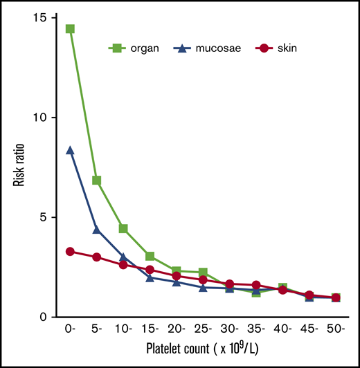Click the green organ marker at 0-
click(x=70, y=29)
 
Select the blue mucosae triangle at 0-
click(x=70, y=150)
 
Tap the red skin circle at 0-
click(x=70, y=252)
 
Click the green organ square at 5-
click(x=97, y=181)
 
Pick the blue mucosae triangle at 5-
click(x=97, y=230)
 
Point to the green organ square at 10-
click(x=123, y=229)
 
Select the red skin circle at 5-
click(x=97, y=257)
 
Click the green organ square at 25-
click(x=203, y=273)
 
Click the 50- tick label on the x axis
click(x=336, y=329)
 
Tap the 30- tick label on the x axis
click(x=230, y=329)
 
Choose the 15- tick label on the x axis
click(x=150, y=329)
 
